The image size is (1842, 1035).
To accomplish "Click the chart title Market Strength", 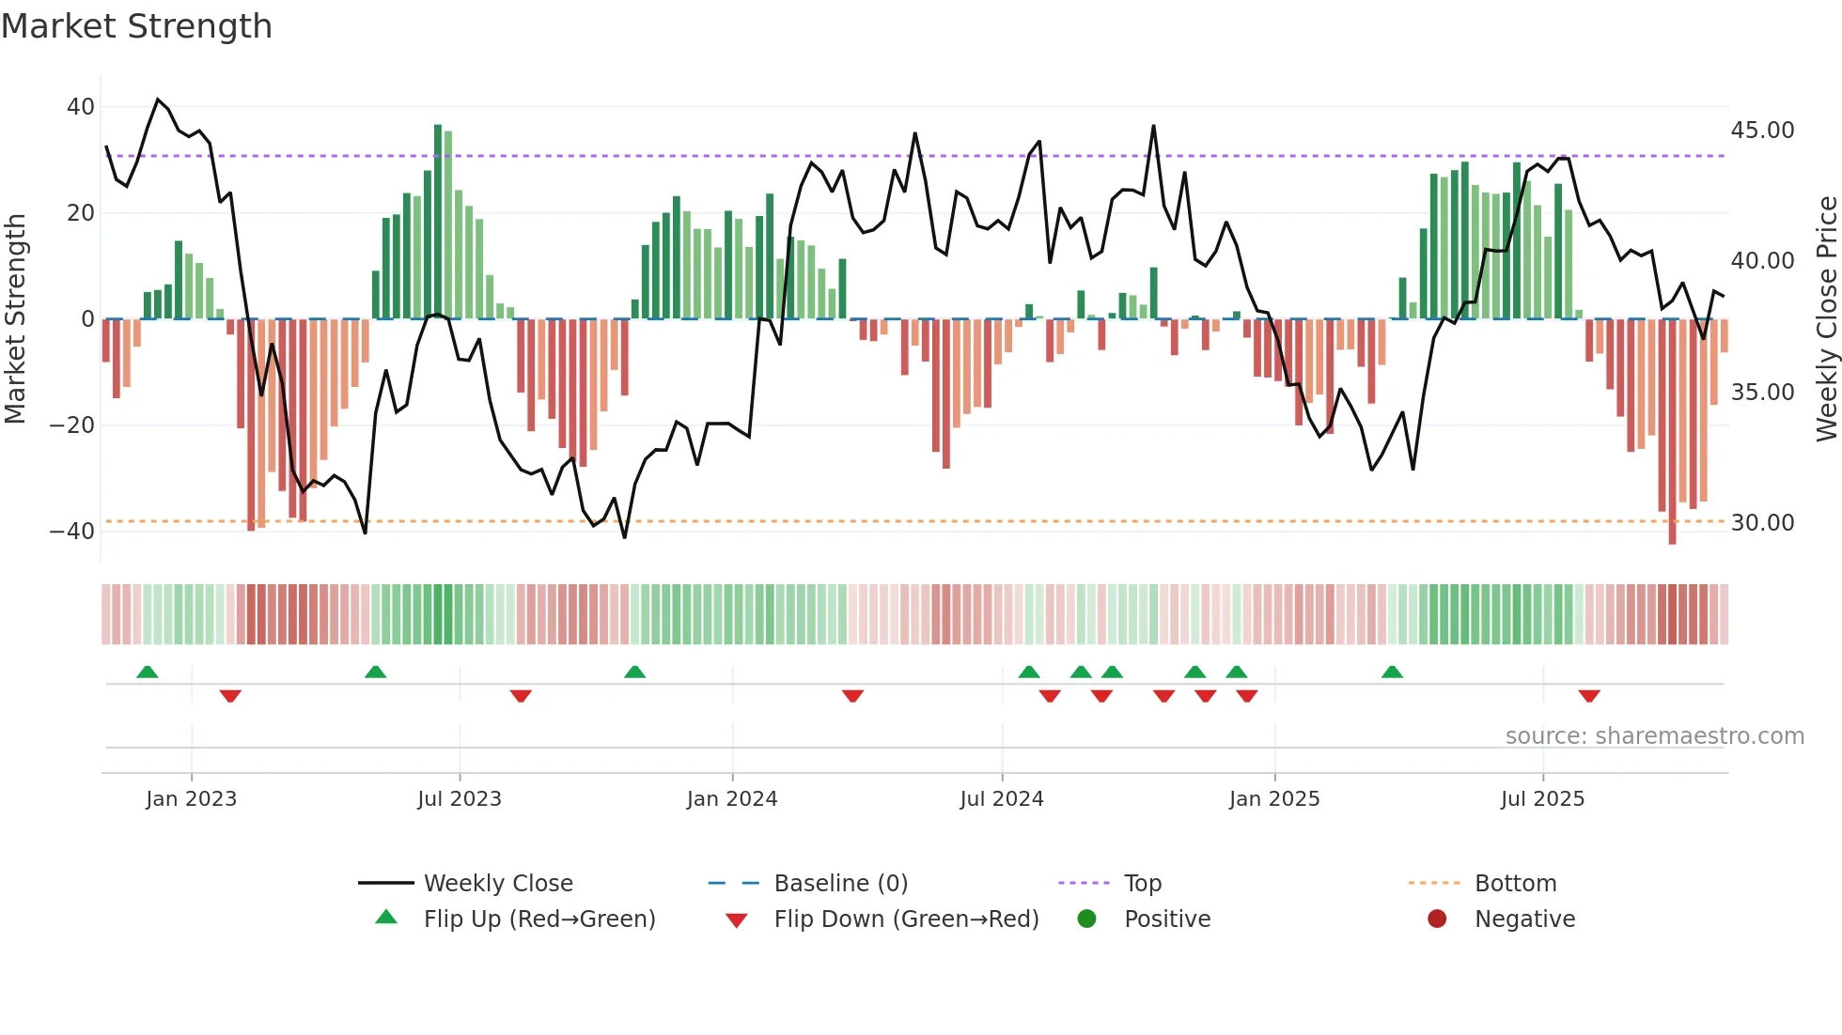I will point(137,26).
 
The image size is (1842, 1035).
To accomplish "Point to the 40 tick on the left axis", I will point(81,107).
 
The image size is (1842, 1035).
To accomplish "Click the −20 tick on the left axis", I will point(72,425).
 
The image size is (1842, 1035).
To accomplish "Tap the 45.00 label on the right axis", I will point(1762,131).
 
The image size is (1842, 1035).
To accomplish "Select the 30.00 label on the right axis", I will point(1762,523).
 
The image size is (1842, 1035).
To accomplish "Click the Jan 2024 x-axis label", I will point(732,799).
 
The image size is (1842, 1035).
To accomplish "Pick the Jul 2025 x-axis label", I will point(1542,799).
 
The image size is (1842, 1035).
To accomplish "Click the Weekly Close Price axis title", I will point(1826,319).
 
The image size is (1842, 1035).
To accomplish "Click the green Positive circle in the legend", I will point(1087,919).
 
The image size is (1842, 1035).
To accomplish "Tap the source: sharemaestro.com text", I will point(1654,736).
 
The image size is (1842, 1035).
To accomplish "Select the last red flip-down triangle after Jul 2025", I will point(1589,696).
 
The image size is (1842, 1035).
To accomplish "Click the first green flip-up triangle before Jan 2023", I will point(148,672).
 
